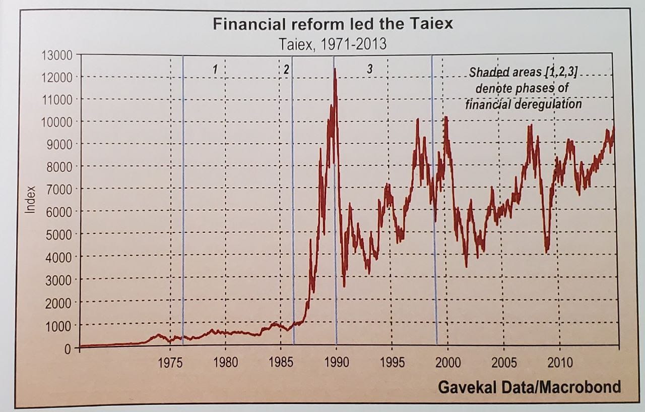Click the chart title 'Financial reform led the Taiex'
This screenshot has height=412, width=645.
(x=333, y=24)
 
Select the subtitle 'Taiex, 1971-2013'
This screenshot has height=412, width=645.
(x=333, y=44)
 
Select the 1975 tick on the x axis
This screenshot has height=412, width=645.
(x=170, y=363)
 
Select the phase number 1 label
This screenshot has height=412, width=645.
(x=215, y=70)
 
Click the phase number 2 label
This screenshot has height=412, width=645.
(x=286, y=70)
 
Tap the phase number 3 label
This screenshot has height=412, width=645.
(x=369, y=70)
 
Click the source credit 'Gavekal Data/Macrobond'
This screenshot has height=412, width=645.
(x=529, y=387)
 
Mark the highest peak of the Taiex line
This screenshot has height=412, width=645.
(x=335, y=69)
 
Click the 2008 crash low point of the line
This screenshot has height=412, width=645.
(x=547, y=251)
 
